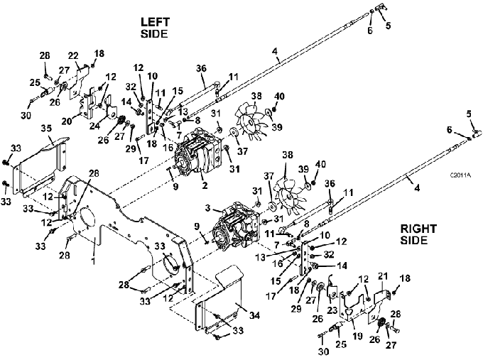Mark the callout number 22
point(73,56)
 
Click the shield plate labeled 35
point(40,163)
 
